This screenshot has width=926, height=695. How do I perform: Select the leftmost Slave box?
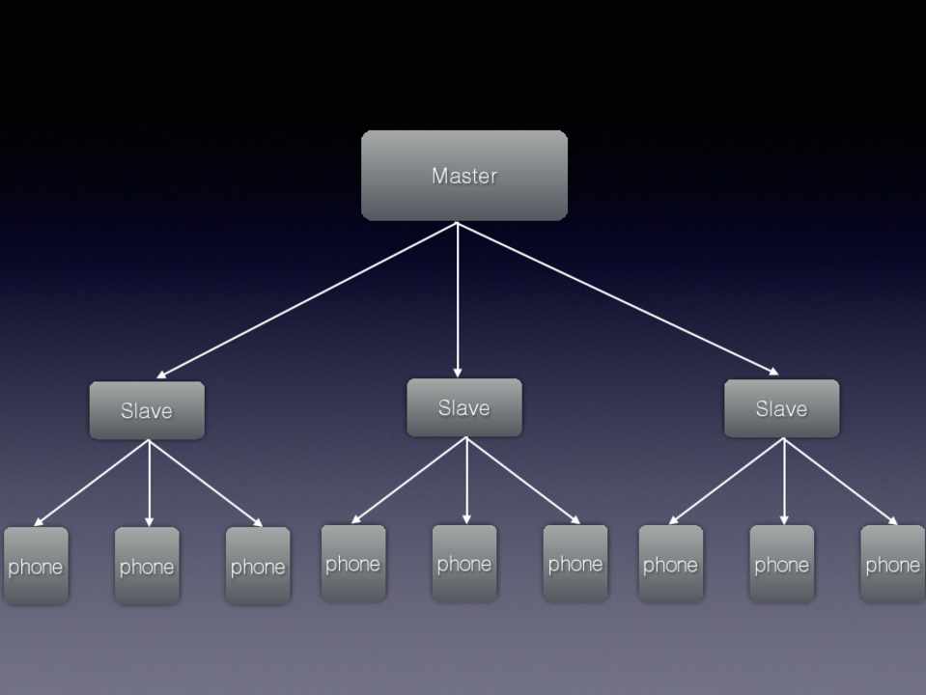click(147, 410)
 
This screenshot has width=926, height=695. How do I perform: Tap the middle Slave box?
click(463, 407)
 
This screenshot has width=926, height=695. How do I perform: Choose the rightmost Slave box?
click(781, 408)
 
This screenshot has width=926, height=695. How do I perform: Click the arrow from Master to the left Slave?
click(307, 300)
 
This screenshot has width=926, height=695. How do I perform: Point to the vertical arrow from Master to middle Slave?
click(458, 299)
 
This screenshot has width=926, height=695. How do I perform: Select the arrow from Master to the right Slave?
click(618, 297)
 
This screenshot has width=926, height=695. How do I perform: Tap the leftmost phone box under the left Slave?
click(36, 566)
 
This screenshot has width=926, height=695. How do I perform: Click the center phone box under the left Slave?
click(147, 566)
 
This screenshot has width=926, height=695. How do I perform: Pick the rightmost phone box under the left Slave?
click(258, 566)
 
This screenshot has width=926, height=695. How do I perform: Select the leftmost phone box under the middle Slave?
click(352, 563)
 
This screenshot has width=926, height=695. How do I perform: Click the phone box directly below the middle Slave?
click(464, 563)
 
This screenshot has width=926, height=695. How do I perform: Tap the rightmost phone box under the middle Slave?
click(575, 563)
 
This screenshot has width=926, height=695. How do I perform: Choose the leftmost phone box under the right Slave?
click(670, 564)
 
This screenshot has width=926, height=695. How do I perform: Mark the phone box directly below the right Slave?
click(781, 564)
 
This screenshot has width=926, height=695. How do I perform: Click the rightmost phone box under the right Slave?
click(892, 564)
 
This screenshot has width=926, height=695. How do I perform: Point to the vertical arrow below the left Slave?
click(149, 483)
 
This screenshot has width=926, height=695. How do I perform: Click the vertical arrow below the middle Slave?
click(466, 480)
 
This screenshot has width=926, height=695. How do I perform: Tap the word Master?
click(463, 176)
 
